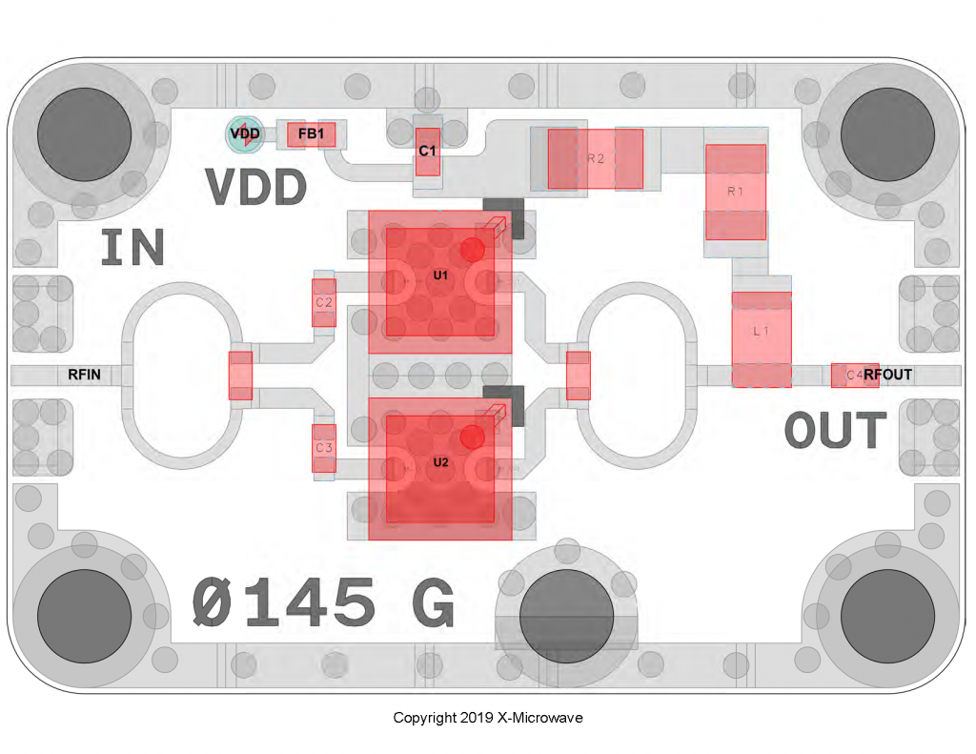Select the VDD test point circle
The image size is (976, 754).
tap(245, 134)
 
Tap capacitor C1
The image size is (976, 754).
tap(428, 152)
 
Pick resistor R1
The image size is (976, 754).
tap(735, 192)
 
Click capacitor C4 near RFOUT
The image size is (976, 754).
tap(847, 375)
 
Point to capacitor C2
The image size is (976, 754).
tap(324, 302)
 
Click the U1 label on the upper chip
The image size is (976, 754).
tap(440, 275)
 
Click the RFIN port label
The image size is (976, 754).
tap(84, 375)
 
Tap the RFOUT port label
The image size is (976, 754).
tap(887, 375)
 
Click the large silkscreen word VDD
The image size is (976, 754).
tap(256, 188)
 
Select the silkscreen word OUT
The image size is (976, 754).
tap(835, 431)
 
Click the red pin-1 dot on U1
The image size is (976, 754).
tap(472, 250)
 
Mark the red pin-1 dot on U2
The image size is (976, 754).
tap(472, 437)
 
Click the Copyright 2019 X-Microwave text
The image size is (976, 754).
tap(487, 718)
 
